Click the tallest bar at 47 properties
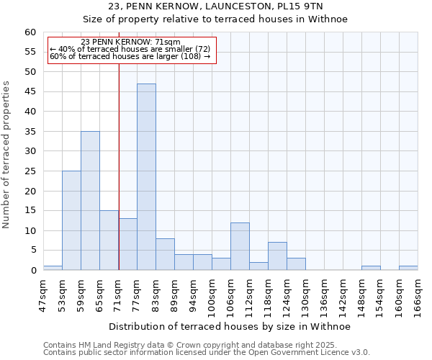coord(146,177)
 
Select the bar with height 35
coord(90,201)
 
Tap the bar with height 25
coord(71,220)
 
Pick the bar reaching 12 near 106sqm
coord(240,246)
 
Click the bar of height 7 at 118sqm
coord(277,256)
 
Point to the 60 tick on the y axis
coord(30,32)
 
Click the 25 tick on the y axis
coord(30,171)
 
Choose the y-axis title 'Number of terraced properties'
coord(7,154)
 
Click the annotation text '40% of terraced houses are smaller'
coord(130,50)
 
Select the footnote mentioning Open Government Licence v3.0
coord(206,353)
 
